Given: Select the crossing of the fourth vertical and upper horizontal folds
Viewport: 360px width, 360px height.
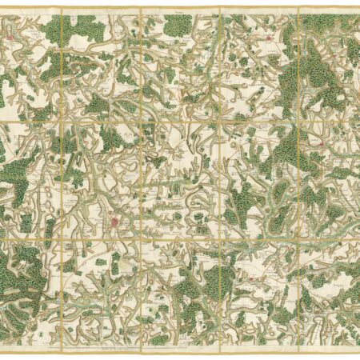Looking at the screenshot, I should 299,122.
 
